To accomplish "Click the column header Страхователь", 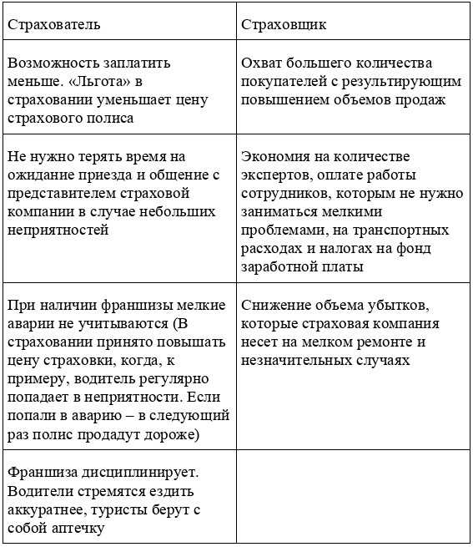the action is [54, 24].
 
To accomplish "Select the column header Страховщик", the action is [284, 24].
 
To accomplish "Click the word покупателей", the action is [281, 81].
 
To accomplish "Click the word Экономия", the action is [276, 156].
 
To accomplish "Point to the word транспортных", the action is [403, 230].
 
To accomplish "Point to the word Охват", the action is [261, 63].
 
